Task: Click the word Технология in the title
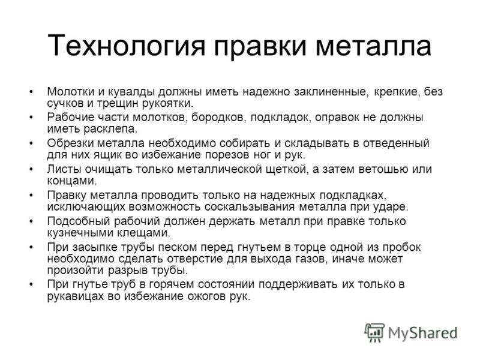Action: [126, 46]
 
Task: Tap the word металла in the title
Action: [373, 46]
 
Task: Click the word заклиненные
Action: [330, 92]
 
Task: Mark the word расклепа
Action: [110, 129]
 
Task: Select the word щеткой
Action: [286, 170]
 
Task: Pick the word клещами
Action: [144, 233]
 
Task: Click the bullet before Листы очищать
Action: [31, 169]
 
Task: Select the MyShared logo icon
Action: [374, 332]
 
